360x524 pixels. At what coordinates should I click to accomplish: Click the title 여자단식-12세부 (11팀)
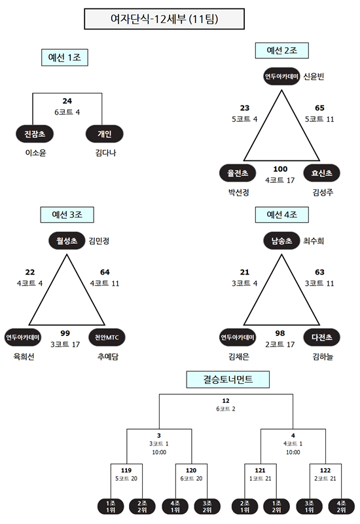coord(164,19)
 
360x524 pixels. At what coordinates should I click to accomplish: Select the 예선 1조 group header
coord(65,58)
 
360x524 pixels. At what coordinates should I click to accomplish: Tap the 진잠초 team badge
coord(35,134)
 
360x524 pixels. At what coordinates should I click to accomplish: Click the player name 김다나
coord(105,153)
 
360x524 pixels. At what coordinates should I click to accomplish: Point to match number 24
coord(67,101)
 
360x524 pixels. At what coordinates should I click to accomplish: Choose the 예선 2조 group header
coord(282,50)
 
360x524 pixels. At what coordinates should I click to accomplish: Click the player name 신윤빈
coord(314,77)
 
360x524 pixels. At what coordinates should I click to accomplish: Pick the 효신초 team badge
coord(321,173)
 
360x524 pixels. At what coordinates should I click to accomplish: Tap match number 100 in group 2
coord(280,169)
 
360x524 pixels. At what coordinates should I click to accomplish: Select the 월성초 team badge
coord(67,240)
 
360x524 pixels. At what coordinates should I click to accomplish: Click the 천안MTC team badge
coord(107,337)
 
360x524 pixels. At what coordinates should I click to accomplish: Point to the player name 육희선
coord(24,356)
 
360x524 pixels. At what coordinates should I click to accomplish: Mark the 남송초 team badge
coord(281,240)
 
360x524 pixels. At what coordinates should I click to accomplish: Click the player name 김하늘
coord(323,356)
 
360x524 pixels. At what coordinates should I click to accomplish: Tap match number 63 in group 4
coord(319,272)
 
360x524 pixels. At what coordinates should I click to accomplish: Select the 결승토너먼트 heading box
coord(228,379)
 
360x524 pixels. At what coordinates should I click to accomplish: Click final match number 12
coord(226,401)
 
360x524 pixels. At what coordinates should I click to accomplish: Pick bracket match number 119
coord(126,470)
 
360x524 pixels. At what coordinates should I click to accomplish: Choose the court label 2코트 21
coord(325,479)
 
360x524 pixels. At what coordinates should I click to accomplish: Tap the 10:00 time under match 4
coord(293,452)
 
